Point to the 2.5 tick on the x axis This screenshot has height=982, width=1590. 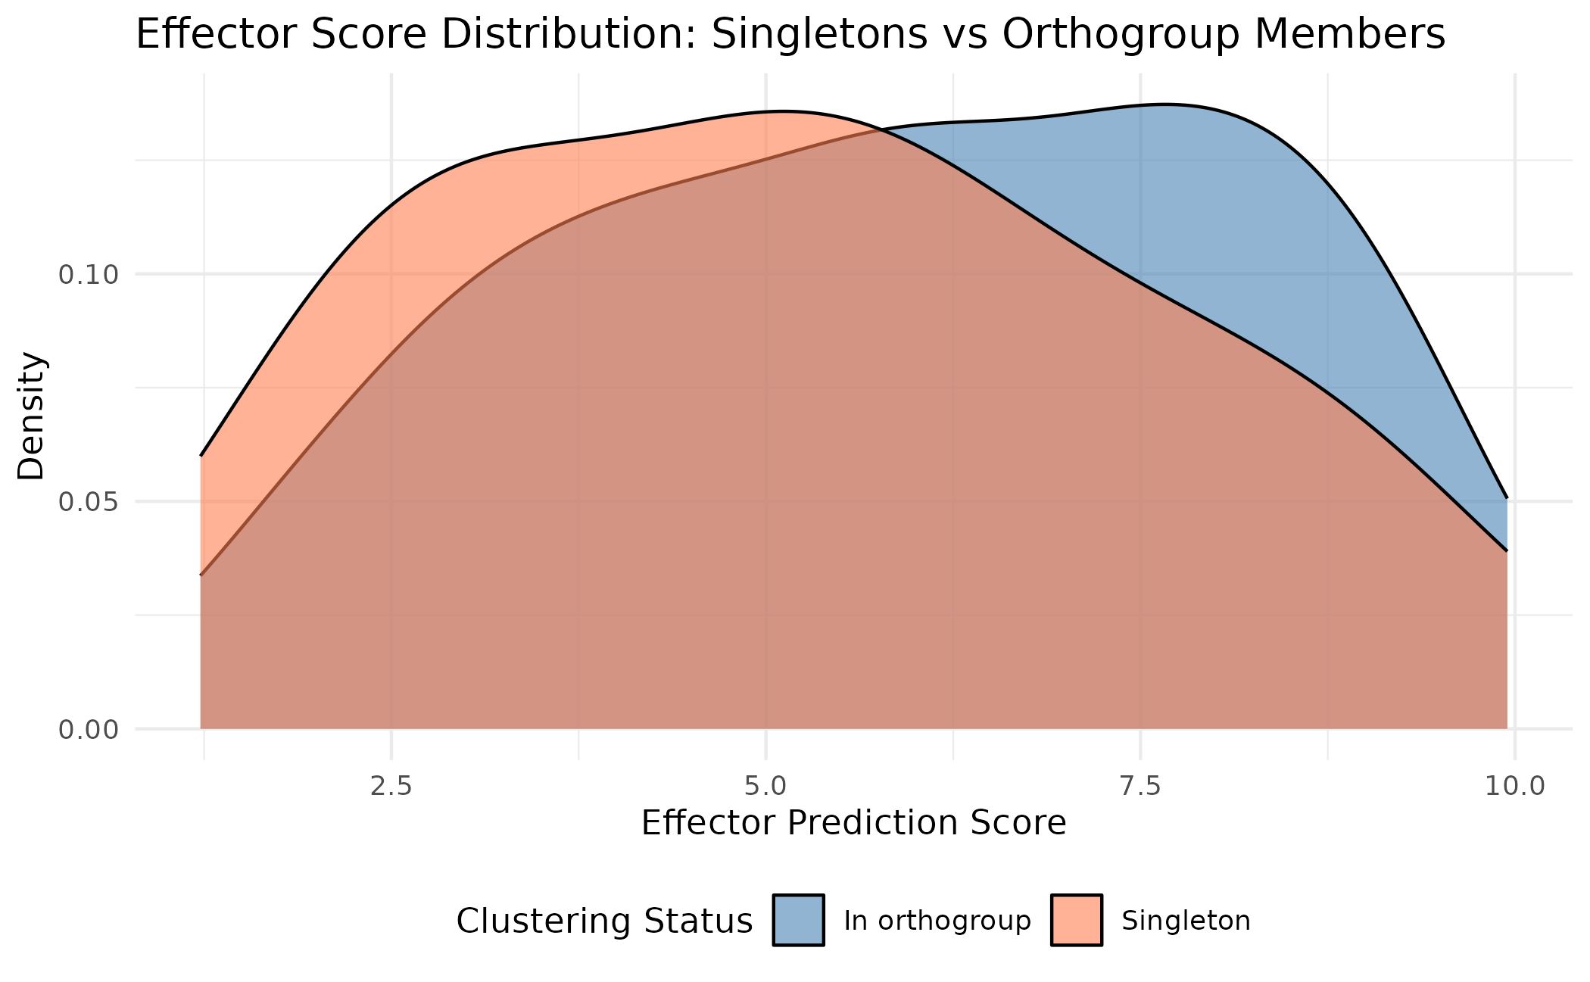[x=391, y=787]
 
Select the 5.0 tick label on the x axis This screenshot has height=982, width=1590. [x=765, y=787]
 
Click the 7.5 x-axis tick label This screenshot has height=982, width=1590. [x=1140, y=787]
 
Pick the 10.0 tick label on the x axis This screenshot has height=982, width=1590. [x=1514, y=787]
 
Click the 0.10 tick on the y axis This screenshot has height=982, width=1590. [x=89, y=275]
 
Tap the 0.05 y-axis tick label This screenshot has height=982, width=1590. [x=89, y=502]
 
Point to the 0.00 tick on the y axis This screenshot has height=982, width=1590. [x=89, y=730]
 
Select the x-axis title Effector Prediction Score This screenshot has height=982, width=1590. [x=853, y=824]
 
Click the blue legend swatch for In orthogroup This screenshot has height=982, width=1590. [x=798, y=920]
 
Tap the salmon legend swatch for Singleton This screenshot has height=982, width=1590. [x=1076, y=920]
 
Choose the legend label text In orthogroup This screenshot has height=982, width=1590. [x=937, y=921]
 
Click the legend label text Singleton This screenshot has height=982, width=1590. [x=1186, y=921]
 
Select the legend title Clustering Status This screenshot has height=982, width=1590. [x=604, y=921]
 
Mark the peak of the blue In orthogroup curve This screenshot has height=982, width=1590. [x=1166, y=104]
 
